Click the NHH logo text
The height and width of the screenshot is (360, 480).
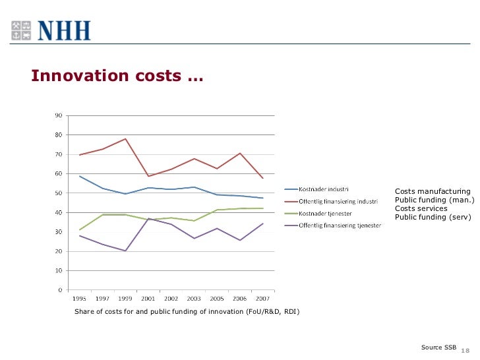click(63, 30)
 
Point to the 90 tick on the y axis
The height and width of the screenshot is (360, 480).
click(58, 116)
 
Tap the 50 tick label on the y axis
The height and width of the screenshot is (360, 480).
click(58, 193)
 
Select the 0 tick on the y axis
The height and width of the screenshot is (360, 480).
click(60, 290)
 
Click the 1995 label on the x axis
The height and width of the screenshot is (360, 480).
click(79, 298)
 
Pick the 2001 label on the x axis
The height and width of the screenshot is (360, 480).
click(148, 298)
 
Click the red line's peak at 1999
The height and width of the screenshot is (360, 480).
click(125, 139)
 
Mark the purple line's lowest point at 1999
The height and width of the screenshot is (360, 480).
click(125, 251)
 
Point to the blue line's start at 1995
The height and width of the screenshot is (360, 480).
click(79, 176)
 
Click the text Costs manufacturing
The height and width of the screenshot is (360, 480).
click(433, 191)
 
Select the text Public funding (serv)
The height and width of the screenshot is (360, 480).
click(433, 217)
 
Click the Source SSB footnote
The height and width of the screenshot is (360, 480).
click(438, 347)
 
